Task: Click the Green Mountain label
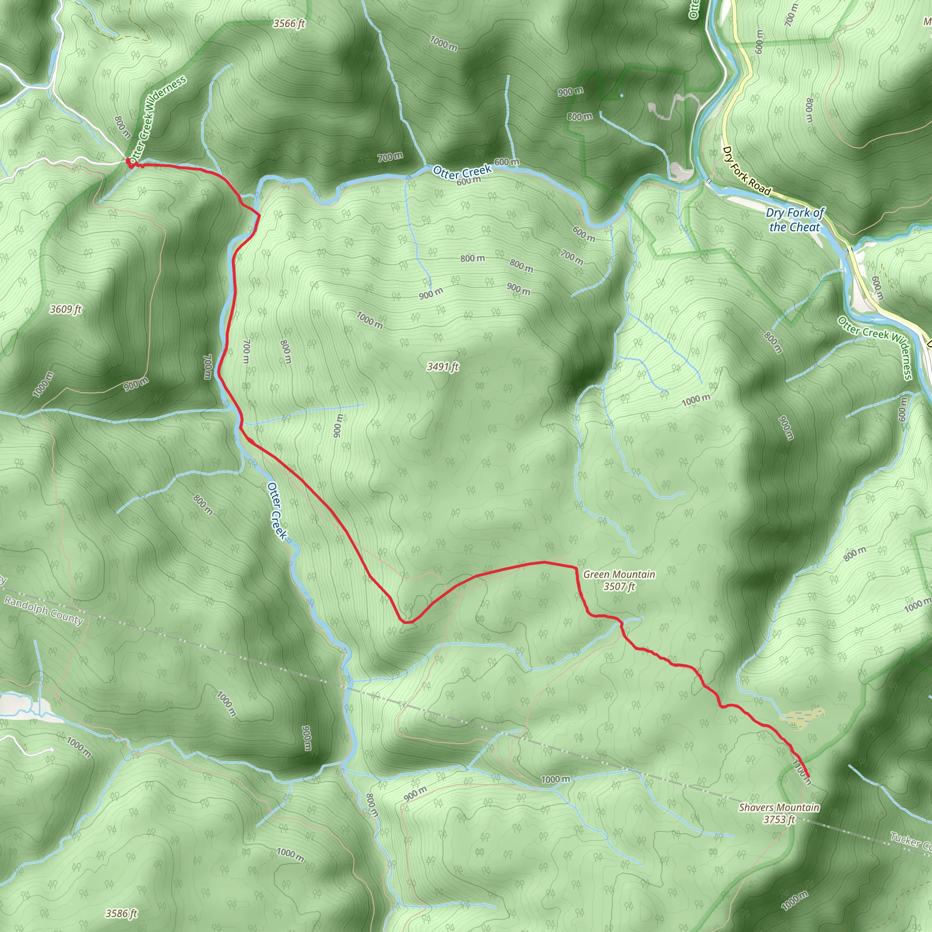pos(619,574)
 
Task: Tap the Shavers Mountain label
pos(779,807)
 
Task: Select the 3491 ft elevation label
pos(442,367)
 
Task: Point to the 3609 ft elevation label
pos(66,309)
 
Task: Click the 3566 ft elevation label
pos(289,23)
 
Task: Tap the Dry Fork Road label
pos(746,171)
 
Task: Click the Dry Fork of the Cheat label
pos(795,220)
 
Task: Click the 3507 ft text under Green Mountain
pos(619,586)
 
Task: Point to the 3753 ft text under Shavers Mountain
pos(779,819)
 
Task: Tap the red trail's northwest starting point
pos(129,161)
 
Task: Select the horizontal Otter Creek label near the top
pos(462,171)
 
